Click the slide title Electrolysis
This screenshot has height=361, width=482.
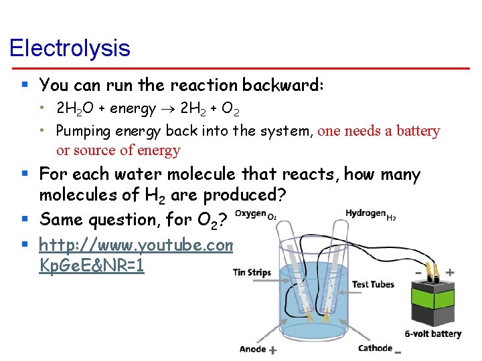[70, 48]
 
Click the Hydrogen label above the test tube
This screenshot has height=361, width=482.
[365, 213]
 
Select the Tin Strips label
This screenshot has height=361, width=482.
[252, 272]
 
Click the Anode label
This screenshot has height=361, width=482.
[252, 348]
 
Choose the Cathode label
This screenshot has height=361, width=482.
[375, 348]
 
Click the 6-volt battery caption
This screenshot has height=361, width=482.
[432, 334]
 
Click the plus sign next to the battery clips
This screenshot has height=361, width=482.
[449, 272]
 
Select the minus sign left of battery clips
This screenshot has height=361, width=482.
[418, 273]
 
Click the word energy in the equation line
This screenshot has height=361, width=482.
[133, 108]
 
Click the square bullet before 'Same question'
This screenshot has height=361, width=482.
[25, 219]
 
